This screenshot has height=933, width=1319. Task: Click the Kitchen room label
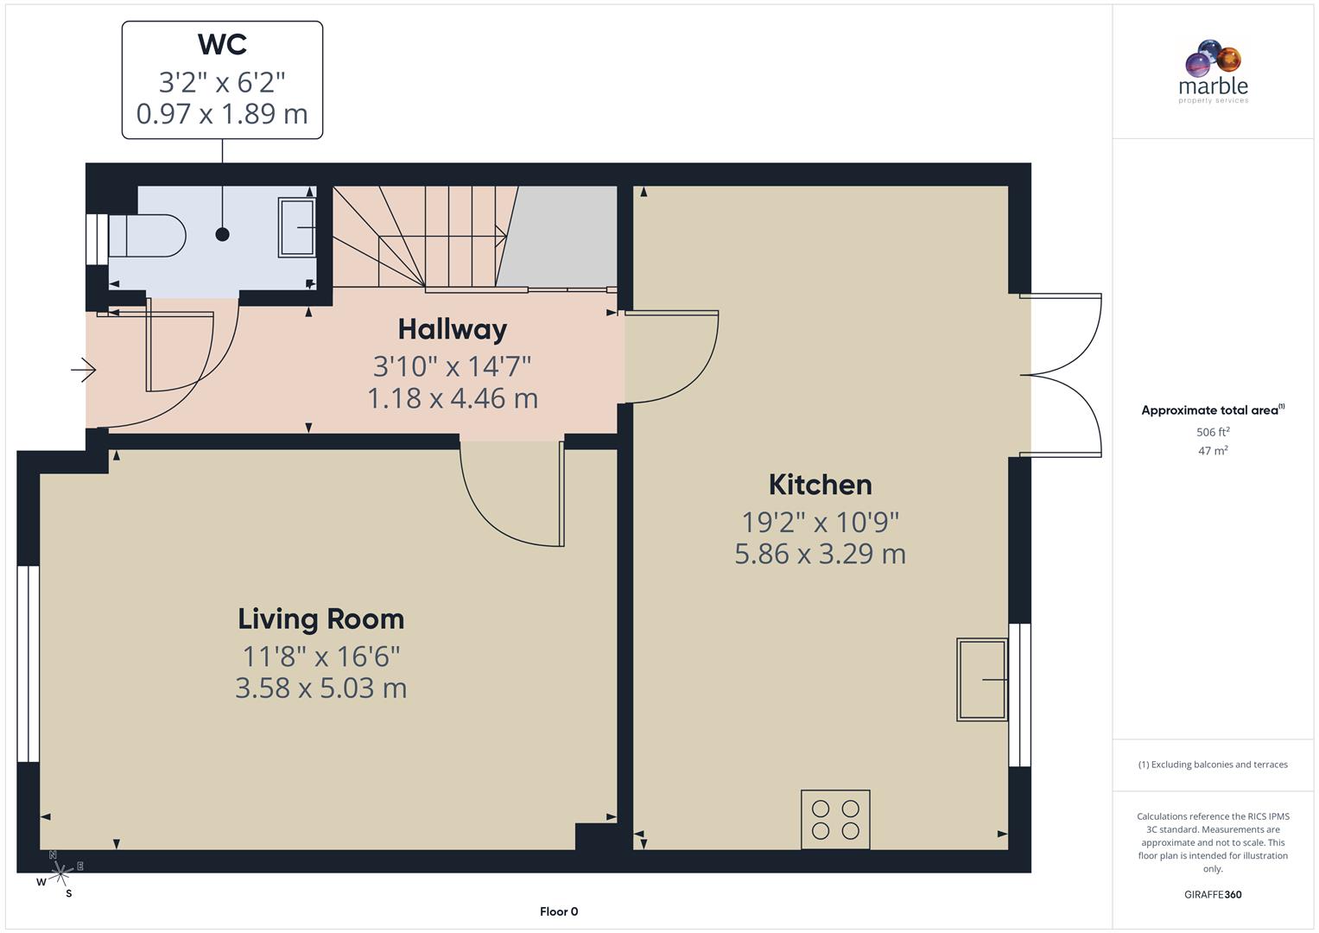pos(820,485)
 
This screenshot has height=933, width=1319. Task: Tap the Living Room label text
pos(320,619)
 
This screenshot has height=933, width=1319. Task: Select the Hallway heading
pos(452,329)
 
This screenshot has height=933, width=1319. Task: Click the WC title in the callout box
pos(222,44)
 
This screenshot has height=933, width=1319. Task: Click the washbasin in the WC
pos(296,227)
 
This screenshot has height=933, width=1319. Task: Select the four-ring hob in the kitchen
pos(835,819)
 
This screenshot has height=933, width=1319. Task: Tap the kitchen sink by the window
pos(982,679)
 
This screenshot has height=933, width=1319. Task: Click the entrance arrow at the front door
pos(83,370)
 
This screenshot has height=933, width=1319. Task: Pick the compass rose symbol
pos(59,874)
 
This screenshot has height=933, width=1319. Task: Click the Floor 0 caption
pos(559,911)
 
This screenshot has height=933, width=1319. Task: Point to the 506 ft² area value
pos(1213,432)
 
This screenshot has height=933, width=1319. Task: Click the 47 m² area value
pos(1213,451)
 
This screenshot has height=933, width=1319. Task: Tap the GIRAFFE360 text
pos(1213,894)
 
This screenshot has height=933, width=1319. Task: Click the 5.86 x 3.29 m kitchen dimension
pos(820,554)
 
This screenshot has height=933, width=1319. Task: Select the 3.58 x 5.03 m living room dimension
pos(320,689)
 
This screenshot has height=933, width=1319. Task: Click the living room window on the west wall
pos(29,663)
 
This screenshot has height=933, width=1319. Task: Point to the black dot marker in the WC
pos(222,234)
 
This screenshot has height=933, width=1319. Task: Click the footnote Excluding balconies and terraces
pos(1213,765)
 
